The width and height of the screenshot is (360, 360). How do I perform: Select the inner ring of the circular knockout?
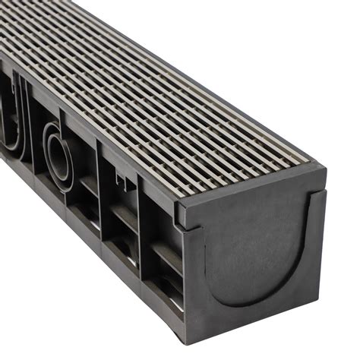click(59, 155)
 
